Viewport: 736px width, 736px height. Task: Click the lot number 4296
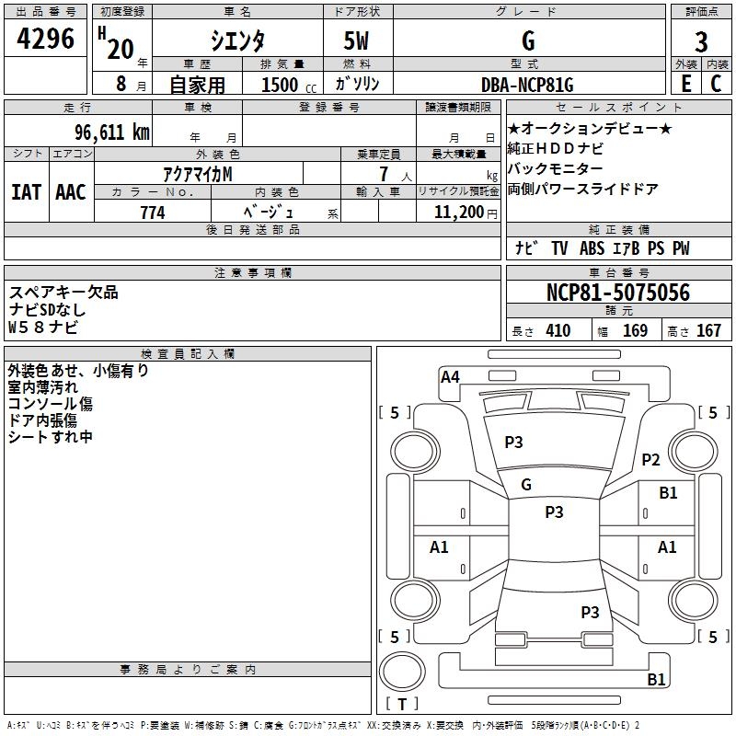(x=46, y=40)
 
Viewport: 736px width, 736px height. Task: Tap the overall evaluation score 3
(x=701, y=41)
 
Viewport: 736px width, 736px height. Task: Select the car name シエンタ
(x=238, y=40)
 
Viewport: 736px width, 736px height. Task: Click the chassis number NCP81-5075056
(x=618, y=293)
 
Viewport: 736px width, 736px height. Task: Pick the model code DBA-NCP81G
(x=527, y=85)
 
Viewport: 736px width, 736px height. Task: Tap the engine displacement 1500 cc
(x=280, y=86)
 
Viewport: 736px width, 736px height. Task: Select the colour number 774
(x=153, y=213)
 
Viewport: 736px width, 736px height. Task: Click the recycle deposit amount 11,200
(x=456, y=213)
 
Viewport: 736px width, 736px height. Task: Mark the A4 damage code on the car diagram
(x=450, y=376)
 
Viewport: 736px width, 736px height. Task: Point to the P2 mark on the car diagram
(x=651, y=460)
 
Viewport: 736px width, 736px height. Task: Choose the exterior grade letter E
(x=685, y=84)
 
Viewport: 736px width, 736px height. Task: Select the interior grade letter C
(x=716, y=84)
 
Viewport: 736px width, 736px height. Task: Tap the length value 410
(x=558, y=330)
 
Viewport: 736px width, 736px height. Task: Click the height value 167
(x=708, y=330)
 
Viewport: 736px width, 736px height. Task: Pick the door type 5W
(x=357, y=40)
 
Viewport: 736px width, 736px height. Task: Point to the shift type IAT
(x=26, y=192)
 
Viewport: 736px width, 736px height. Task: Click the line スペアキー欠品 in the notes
(x=64, y=293)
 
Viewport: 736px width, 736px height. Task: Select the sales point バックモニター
(x=556, y=169)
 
